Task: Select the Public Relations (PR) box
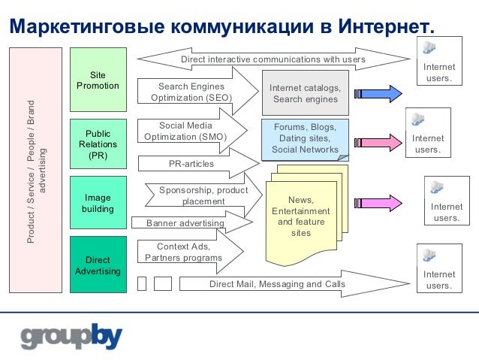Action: click(x=98, y=144)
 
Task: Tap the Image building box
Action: click(x=98, y=203)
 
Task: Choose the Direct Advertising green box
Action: click(x=98, y=265)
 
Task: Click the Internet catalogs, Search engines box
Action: click(x=305, y=93)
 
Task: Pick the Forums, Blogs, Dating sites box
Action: click(x=305, y=138)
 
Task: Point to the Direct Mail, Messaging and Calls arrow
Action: click(x=278, y=283)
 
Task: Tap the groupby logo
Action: click(x=71, y=336)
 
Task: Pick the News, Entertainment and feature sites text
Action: click(x=300, y=216)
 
